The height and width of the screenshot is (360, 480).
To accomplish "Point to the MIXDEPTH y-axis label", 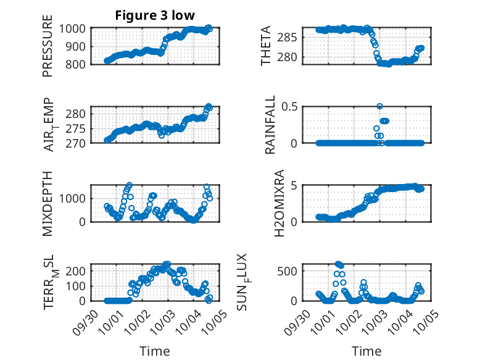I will tap(48, 204).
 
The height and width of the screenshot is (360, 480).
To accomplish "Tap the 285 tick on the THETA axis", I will tap(291, 37).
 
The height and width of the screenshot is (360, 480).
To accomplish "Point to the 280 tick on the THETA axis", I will tap(291, 57).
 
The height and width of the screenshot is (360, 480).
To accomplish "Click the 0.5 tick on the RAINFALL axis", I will tap(290, 106).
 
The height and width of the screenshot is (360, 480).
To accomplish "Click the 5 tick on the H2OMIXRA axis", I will tap(295, 185).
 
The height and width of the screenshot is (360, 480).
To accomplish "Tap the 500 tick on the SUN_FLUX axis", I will tap(290, 270).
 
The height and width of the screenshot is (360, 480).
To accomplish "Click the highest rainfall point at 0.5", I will tap(380, 106).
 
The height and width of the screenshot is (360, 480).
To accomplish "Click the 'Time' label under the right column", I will tap(366, 351).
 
